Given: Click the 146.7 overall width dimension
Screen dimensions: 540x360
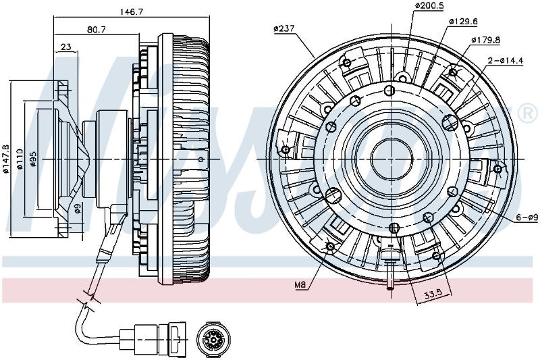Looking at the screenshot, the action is [131, 11].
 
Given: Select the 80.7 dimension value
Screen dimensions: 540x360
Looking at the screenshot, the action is [96, 30].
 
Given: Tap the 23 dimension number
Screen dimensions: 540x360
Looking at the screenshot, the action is [65, 47].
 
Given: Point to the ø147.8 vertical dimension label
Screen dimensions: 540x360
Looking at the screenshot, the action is [6, 158].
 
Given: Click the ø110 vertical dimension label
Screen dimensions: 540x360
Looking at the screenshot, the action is [20, 159].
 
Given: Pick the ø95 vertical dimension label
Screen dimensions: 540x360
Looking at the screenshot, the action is [33, 159].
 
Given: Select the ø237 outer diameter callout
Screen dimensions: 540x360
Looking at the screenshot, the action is [284, 28].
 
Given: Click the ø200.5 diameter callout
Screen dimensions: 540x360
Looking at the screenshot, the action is [429, 5].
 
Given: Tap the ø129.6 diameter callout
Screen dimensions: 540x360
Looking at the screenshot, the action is [463, 22].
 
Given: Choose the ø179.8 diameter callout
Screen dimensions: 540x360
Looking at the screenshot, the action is [485, 40].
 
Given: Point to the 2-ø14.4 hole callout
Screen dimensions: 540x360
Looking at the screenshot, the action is [506, 61].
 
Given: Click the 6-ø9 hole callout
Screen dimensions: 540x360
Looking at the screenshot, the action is [527, 217].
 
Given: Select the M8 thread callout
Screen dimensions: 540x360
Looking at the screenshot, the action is [300, 285].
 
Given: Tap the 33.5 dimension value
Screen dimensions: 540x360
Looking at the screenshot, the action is [433, 294].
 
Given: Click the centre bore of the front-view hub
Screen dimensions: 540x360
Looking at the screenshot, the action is [391, 159].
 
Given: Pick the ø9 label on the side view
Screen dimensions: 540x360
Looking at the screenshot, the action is [78, 208].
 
